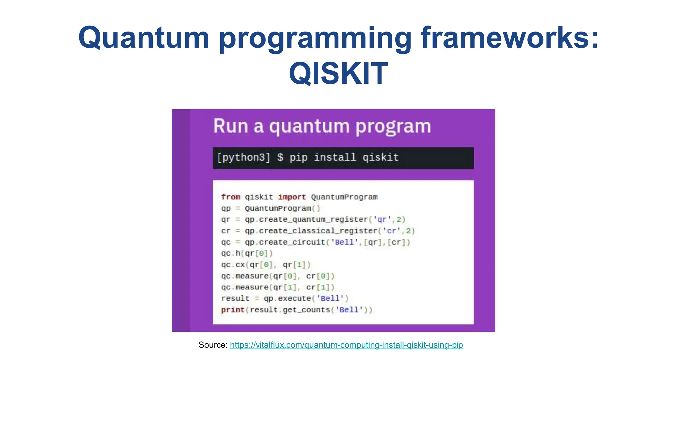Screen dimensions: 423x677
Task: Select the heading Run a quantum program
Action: click(x=322, y=126)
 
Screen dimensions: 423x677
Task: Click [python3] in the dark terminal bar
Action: click(x=244, y=157)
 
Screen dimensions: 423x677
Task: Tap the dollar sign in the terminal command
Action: click(x=280, y=157)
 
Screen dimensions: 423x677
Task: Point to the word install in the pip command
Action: click(x=335, y=157)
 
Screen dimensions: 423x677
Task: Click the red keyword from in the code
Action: click(x=230, y=197)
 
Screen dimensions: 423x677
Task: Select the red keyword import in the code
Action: click(x=292, y=197)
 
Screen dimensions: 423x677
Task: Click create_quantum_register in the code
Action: click(x=313, y=220)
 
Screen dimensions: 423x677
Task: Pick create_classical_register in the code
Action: click(x=318, y=231)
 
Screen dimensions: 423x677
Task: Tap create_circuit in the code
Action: click(x=292, y=242)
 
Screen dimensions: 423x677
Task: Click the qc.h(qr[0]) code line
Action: click(x=247, y=253)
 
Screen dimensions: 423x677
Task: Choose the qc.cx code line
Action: click(x=266, y=265)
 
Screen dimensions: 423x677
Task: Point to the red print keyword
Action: click(x=232, y=310)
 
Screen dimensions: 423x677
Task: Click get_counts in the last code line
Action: click(x=306, y=310)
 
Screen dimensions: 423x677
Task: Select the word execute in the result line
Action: click(x=294, y=299)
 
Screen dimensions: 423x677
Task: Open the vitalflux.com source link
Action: click(x=346, y=345)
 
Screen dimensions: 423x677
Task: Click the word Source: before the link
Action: click(x=213, y=345)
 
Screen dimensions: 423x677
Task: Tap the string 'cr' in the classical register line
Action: click(x=391, y=231)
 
